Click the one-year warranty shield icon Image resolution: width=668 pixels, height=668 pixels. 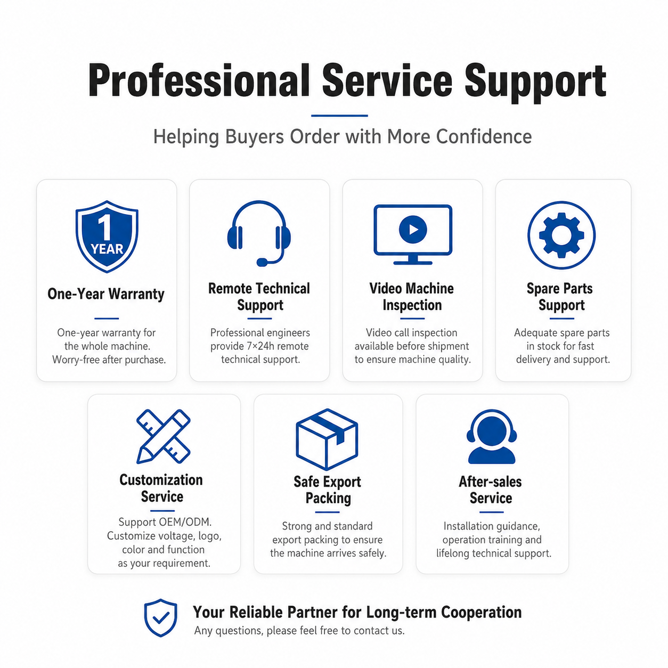click(x=107, y=237)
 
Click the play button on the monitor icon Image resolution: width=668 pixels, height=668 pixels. click(x=412, y=229)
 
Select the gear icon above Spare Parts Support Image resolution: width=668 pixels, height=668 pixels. click(x=561, y=235)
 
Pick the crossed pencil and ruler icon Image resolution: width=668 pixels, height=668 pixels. click(x=163, y=436)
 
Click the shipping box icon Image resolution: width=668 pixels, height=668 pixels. click(x=327, y=439)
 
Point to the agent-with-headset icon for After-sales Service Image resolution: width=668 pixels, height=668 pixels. click(x=491, y=436)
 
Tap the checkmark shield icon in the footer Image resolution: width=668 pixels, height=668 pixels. click(x=160, y=617)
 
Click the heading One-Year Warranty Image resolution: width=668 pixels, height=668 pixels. click(x=106, y=294)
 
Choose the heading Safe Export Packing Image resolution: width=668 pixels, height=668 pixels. click(x=328, y=490)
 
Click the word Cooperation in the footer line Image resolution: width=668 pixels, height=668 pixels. click(x=481, y=612)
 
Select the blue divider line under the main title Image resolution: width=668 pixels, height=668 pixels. click(x=339, y=116)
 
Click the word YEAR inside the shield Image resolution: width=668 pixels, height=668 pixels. click(x=107, y=249)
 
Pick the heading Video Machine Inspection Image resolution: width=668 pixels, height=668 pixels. click(x=412, y=297)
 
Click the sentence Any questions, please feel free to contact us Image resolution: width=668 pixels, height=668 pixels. click(x=299, y=630)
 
